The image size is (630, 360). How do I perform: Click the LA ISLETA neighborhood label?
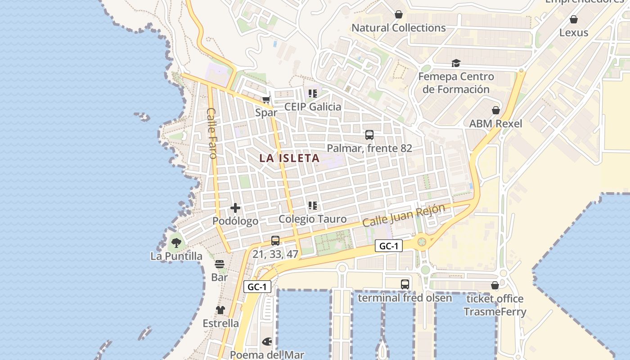pos(289,158)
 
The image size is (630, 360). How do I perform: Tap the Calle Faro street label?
pos(212,133)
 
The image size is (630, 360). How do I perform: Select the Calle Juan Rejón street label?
pos(404,215)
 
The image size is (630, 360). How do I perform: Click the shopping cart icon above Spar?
pos(266,99)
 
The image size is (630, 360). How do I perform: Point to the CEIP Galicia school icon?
pos(312,94)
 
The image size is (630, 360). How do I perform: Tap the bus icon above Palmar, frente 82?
pos(369,135)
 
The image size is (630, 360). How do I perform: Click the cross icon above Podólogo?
pos(235,208)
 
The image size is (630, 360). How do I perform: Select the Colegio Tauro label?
pos(312,219)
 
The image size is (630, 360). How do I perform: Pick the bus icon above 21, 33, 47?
pos(275,241)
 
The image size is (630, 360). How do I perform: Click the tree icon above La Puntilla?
pos(176,243)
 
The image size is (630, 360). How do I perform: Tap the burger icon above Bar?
pos(220,264)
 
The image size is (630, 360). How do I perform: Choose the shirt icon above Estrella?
pos(220,310)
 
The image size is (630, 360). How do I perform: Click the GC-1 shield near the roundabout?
pos(388,246)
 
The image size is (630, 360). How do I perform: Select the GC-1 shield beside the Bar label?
pos(258,287)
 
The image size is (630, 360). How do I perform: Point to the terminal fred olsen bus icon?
pos(405,284)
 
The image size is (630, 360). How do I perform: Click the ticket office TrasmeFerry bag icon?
pos(495,285)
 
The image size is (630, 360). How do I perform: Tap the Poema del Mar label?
pos(267,355)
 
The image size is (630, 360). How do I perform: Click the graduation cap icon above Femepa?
pos(456,63)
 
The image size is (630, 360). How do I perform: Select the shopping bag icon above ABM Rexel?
pos(496,110)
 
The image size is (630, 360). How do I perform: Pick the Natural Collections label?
pos(398,28)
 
